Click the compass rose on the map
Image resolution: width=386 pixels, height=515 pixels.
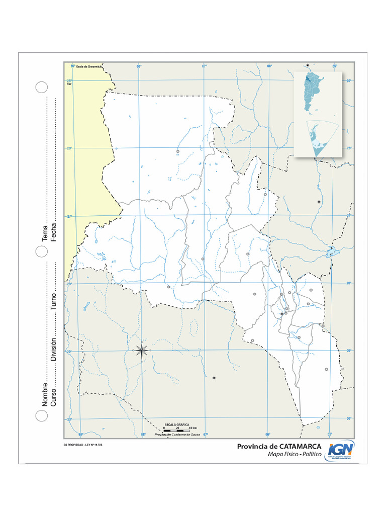click(142, 350)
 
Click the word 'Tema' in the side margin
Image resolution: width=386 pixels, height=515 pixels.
click(45, 233)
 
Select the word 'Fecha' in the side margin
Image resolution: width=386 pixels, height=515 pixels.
click(53, 231)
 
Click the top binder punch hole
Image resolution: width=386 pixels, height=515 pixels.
click(41, 87)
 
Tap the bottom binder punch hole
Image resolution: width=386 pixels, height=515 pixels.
click(41, 415)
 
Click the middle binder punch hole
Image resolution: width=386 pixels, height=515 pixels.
click(41, 251)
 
